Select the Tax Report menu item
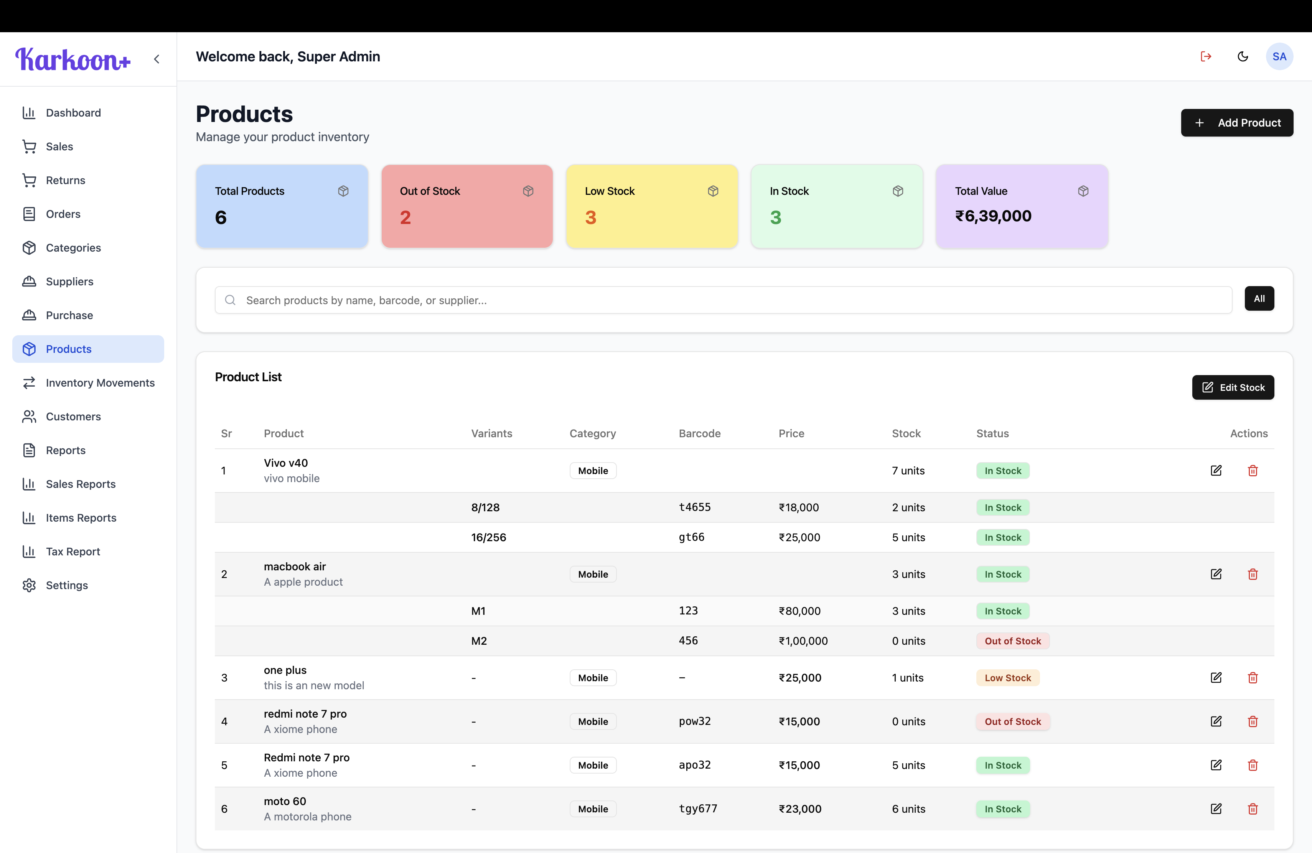pos(73,552)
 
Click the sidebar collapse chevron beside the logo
pos(157,59)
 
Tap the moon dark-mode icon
pos(1243,56)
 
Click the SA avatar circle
pos(1279,56)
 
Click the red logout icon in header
pos(1206,56)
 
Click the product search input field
pos(722,300)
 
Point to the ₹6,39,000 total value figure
pos(993,216)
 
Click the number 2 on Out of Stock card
pos(405,217)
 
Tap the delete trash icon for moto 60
pos(1253,809)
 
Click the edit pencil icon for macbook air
pos(1216,574)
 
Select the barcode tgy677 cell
pos(697,809)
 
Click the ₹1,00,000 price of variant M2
pos(803,641)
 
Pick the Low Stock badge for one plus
pos(1007,678)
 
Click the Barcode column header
pos(699,434)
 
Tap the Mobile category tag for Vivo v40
pos(593,471)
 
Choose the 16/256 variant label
pos(488,537)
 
